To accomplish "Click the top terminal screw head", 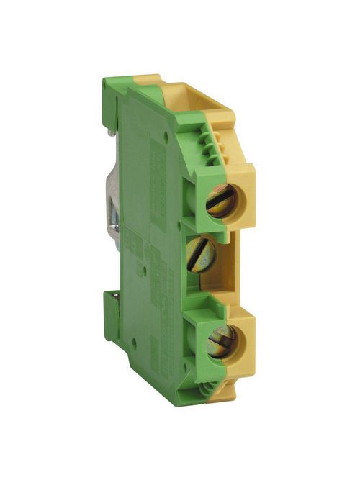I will point(220,200).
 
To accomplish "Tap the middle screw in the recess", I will point(201,255).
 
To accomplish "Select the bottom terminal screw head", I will point(221,341).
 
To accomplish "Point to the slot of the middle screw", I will point(201,253).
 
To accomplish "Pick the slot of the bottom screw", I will point(221,340).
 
